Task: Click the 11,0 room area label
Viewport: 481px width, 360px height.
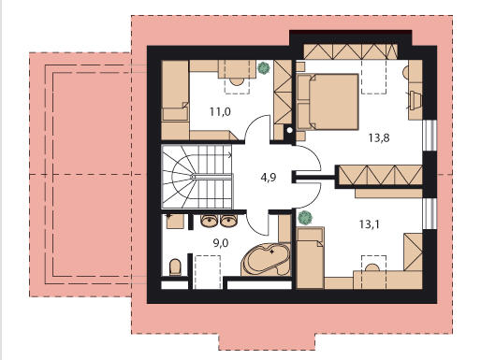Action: [x=220, y=111]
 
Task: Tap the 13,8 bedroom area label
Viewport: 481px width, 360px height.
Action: [x=379, y=137]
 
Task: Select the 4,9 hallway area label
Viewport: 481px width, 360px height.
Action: [x=269, y=178]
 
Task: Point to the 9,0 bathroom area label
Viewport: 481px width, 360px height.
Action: [x=221, y=243]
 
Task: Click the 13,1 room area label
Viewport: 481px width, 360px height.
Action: [x=370, y=224]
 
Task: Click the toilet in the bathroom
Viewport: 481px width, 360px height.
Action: [x=175, y=267]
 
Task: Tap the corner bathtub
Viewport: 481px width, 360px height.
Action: [x=266, y=259]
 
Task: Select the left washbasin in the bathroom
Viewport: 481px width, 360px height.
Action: [x=210, y=221]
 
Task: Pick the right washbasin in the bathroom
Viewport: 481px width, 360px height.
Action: [x=228, y=221]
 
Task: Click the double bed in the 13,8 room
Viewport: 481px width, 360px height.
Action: [x=328, y=102]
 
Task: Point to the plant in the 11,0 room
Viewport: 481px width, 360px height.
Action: [x=264, y=68]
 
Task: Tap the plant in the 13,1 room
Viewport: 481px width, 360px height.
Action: [x=305, y=217]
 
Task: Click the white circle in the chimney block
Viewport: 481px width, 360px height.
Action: [x=290, y=130]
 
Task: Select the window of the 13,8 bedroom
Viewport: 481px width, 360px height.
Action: [x=430, y=136]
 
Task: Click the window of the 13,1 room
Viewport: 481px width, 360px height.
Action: [x=430, y=213]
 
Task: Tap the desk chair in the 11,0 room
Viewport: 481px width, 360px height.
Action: [x=237, y=81]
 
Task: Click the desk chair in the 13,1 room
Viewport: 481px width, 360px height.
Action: [x=372, y=267]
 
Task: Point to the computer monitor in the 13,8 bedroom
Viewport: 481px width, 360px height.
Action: [x=415, y=100]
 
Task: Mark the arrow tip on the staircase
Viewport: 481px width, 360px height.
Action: [x=231, y=155]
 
